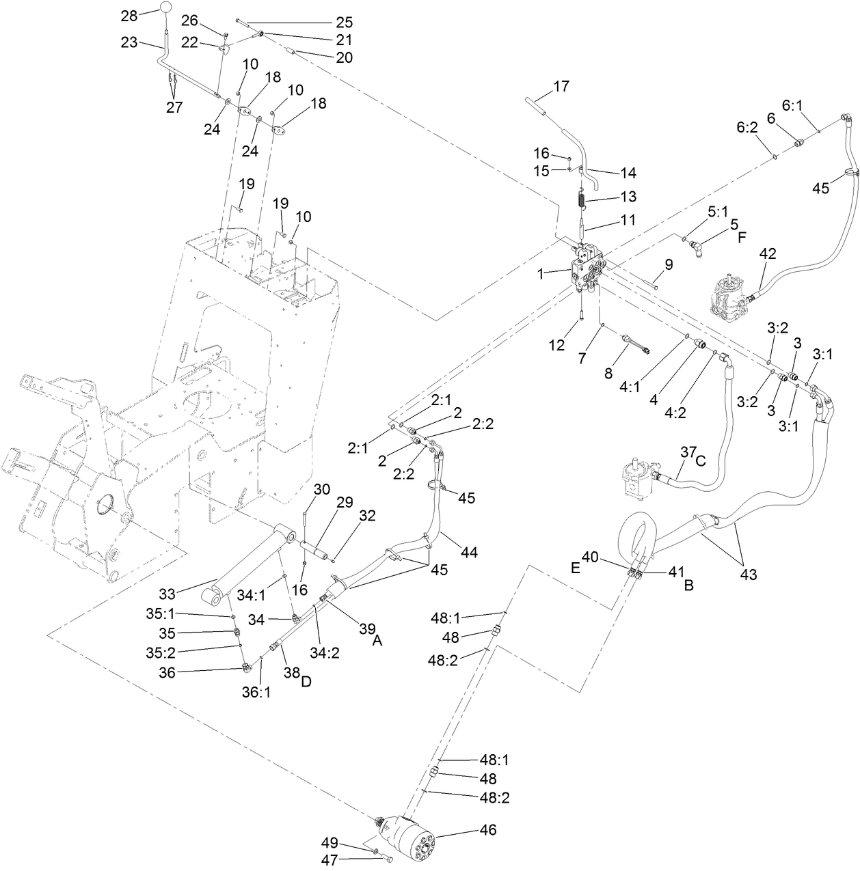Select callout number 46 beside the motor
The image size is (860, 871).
tap(487, 830)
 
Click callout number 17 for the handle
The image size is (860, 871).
tap(561, 87)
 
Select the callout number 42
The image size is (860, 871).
tap(768, 253)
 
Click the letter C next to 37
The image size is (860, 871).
tap(699, 461)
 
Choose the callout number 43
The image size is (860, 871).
tap(749, 575)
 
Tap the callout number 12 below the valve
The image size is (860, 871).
tap(556, 345)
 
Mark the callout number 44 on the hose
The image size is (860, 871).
tap(450, 551)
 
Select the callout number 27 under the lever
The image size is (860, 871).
tap(174, 107)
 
